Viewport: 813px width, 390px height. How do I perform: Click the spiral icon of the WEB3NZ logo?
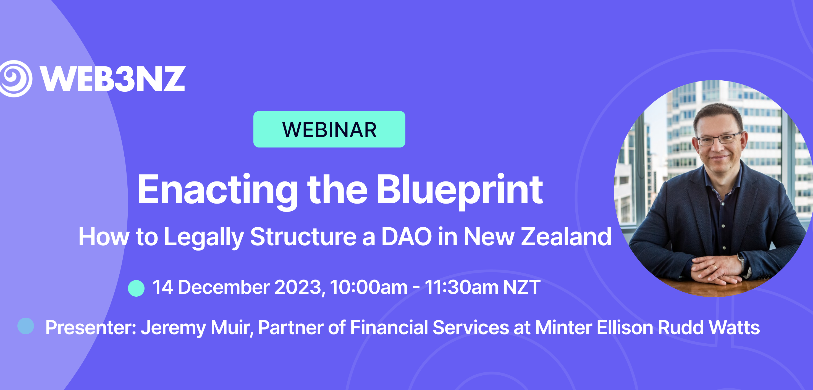pyautogui.click(x=15, y=78)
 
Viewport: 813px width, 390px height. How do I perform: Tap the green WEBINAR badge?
pyautogui.click(x=329, y=129)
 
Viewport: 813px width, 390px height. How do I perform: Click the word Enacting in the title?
pyautogui.click(x=217, y=191)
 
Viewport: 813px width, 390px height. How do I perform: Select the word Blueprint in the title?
pyautogui.click(x=460, y=191)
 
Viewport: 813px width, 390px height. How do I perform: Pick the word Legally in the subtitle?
pyautogui.click(x=204, y=237)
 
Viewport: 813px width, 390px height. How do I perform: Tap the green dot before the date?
pyautogui.click(x=136, y=288)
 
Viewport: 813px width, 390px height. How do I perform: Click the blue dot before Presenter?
pyautogui.click(x=26, y=326)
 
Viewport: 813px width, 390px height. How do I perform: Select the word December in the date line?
pyautogui.click(x=224, y=287)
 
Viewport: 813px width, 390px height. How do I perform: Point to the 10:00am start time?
pyautogui.click(x=369, y=287)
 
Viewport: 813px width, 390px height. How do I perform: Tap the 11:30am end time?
pyautogui.click(x=461, y=287)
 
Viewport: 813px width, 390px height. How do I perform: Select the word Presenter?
pyautogui.click(x=91, y=327)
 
